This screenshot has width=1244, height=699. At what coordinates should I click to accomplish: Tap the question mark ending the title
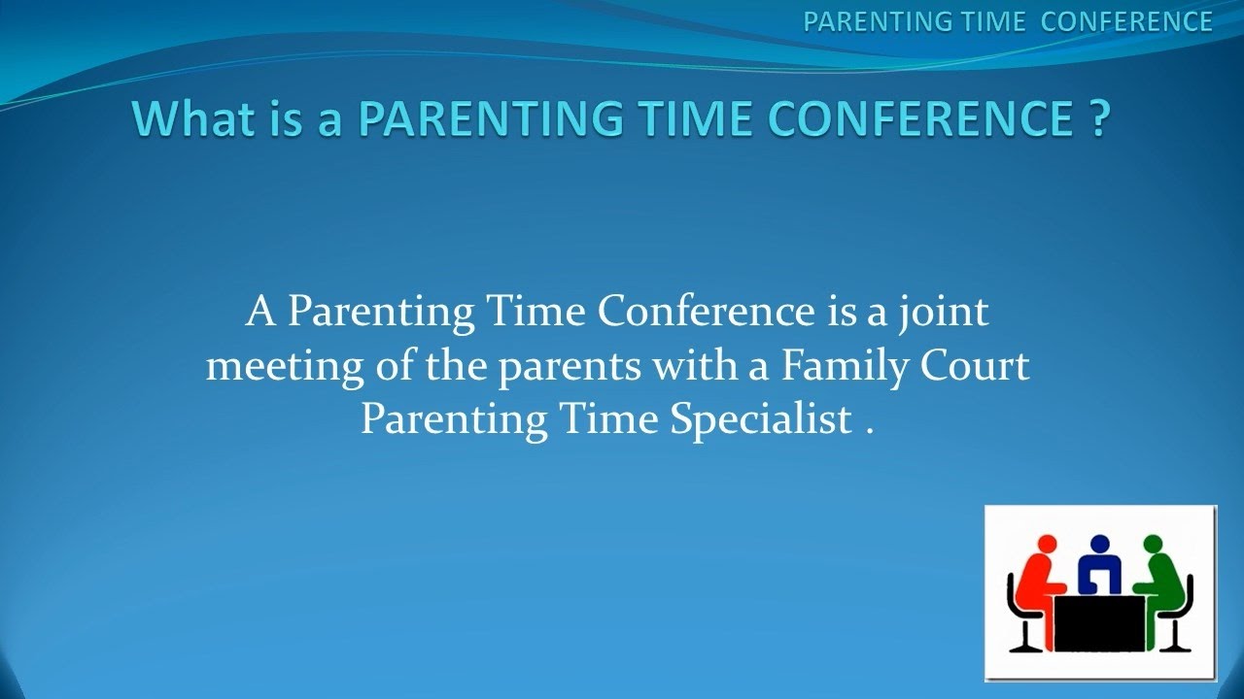(1095, 119)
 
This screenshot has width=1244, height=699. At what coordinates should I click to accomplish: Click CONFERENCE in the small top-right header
(1126, 21)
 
